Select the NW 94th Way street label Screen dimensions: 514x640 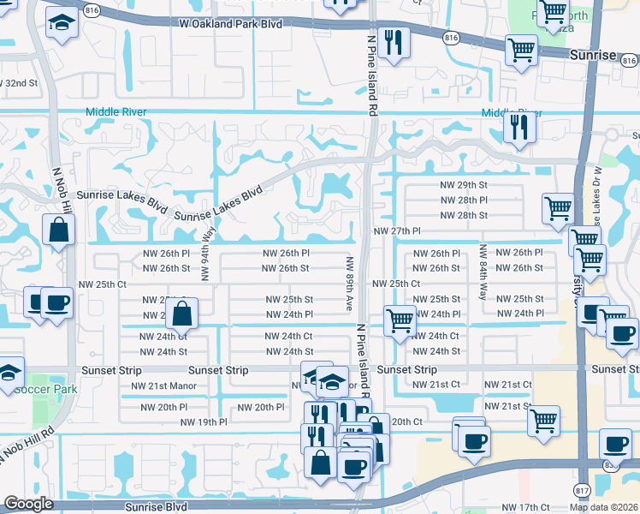[205, 255]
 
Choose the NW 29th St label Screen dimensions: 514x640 [465, 185]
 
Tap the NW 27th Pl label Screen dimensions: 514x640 [396, 231]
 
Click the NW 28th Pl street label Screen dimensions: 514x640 [465, 200]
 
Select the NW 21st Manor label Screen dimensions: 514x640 [163, 386]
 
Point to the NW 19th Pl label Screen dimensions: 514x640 [204, 422]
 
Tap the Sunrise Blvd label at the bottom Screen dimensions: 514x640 [156, 507]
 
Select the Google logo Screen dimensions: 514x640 [28, 504]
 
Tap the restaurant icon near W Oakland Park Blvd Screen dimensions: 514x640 [393, 43]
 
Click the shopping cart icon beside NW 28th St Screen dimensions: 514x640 [558, 208]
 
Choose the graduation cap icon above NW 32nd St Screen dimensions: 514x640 [61, 24]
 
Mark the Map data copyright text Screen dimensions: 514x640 [604, 507]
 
